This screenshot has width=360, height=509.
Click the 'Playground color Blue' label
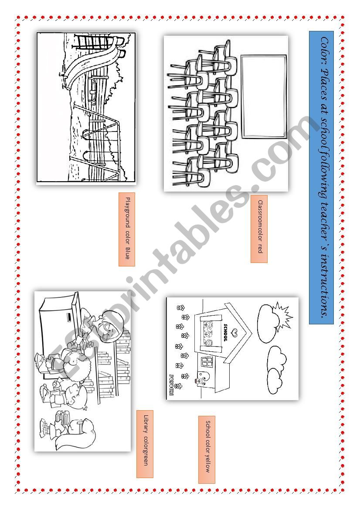pos(127,229)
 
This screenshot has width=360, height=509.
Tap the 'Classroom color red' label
pos(259,229)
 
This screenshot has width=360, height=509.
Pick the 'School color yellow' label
pos(207,449)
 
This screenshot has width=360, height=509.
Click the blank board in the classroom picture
pos(264,96)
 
